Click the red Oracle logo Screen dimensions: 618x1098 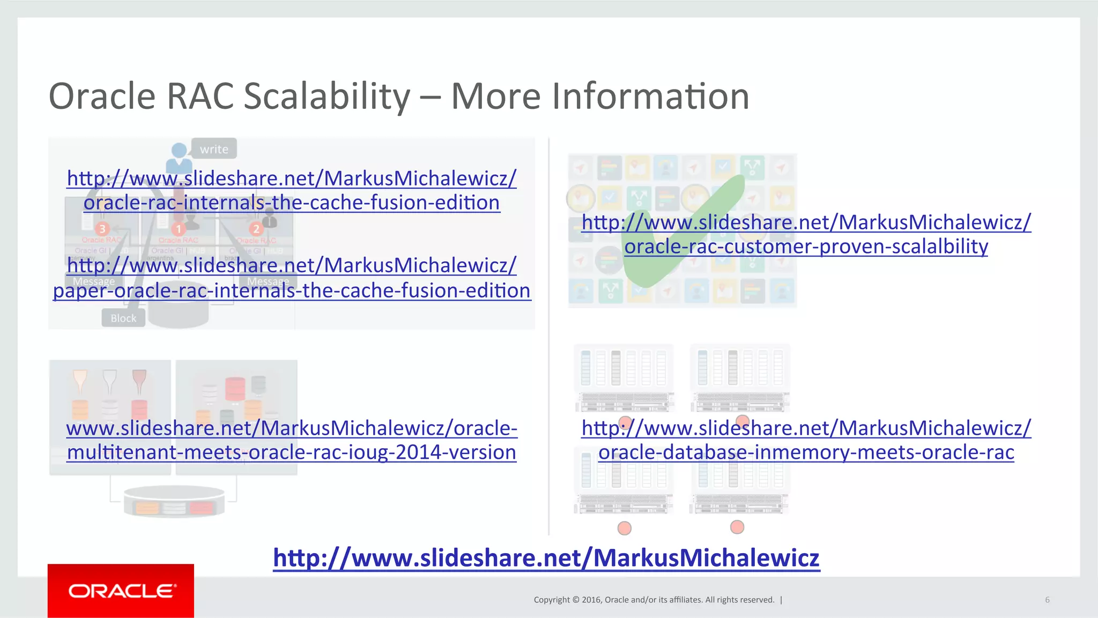point(121,591)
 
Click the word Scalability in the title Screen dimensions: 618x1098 point(327,96)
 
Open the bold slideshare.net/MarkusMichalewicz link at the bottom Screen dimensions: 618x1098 point(546,557)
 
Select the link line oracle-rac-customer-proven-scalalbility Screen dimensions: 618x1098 point(806,246)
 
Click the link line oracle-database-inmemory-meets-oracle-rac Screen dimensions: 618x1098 point(806,452)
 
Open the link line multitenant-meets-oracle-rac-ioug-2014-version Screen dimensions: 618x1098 point(292,452)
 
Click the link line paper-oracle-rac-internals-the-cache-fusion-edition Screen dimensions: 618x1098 point(292,291)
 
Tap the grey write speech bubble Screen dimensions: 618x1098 point(214,149)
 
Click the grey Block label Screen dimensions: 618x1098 point(123,318)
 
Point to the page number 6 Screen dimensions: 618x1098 point(1047,600)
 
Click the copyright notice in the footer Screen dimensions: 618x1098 point(654,600)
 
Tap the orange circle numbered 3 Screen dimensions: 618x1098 point(102,229)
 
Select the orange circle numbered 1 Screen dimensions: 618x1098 point(179,229)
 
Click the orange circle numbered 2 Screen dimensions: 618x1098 point(256,229)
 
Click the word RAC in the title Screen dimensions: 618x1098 point(200,96)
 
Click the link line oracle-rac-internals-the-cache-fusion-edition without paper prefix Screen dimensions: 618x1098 point(292,203)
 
